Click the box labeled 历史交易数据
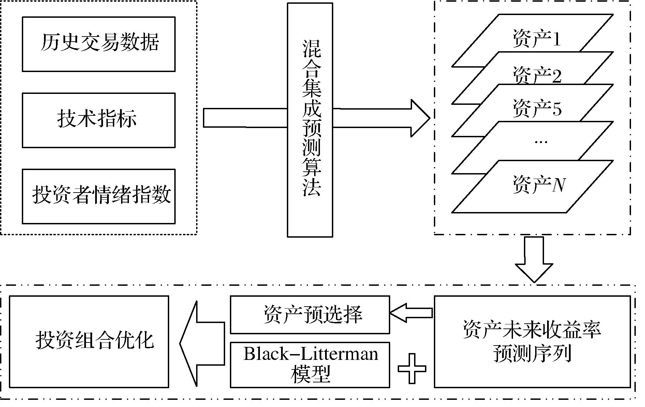(99, 44)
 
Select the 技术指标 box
(99, 120)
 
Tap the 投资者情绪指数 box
(99, 196)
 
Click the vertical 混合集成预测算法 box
(310, 120)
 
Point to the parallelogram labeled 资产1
(536, 38)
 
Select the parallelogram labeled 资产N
(532, 186)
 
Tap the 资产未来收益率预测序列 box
(532, 341)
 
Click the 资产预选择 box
(310, 314)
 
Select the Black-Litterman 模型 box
(310, 365)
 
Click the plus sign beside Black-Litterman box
(412, 368)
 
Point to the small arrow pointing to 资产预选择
(411, 313)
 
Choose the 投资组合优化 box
(89, 341)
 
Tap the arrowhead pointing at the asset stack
(420, 118)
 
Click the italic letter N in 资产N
(559, 186)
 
